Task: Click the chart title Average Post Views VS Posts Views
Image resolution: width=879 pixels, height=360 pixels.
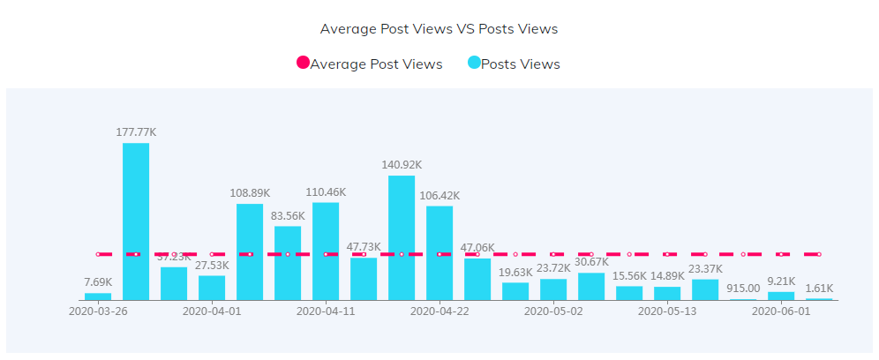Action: pos(439,29)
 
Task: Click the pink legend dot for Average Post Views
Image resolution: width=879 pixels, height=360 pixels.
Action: pos(303,64)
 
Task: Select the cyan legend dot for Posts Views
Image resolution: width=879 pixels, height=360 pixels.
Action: pos(474,64)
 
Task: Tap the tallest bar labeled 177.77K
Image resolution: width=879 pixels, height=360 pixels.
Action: pos(136,221)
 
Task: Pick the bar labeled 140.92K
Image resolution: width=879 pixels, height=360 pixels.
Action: pos(402,237)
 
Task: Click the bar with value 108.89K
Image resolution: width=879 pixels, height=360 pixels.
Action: pos(250,251)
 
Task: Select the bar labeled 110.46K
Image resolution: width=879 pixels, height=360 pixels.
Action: pos(326,251)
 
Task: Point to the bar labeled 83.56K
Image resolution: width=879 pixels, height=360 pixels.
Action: pos(288,263)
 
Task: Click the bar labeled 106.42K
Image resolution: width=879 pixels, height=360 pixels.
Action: pos(439,252)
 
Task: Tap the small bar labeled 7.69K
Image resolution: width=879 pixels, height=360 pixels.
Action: pos(98,296)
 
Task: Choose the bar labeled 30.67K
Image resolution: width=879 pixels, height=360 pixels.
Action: pos(591,287)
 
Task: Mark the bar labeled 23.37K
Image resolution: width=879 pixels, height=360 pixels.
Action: pos(705,289)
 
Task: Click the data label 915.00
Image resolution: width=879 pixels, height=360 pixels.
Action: pos(743,288)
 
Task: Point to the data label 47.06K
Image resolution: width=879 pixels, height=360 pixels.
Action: pos(477,248)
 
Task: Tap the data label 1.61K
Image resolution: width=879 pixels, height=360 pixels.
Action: pos(819,288)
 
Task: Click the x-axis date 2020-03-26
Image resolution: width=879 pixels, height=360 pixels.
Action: pos(98,311)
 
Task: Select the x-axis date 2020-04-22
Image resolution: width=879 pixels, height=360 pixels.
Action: pos(439,311)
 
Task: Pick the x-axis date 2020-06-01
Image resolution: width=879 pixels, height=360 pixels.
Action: pos(781,311)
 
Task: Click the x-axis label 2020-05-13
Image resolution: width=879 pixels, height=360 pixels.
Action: pos(667,311)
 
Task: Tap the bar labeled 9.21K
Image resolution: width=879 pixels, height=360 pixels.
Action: pos(781,296)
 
